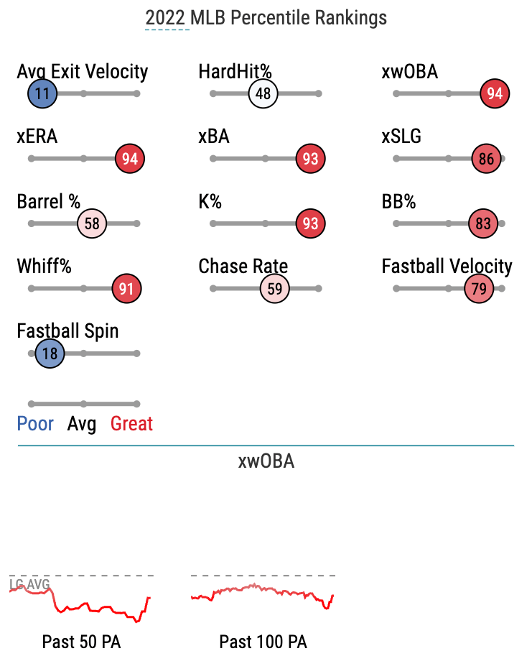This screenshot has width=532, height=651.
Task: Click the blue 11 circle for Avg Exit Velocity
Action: [x=42, y=93]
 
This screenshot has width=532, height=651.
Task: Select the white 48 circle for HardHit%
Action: [x=263, y=93]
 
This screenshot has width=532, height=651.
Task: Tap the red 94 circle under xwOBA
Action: [x=495, y=93]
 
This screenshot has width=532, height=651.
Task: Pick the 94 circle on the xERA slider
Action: [x=130, y=159]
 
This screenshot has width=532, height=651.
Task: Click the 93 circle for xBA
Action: [x=310, y=159]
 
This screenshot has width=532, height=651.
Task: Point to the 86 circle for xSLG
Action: [x=486, y=159]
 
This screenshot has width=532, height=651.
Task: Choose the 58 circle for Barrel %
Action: [x=92, y=223]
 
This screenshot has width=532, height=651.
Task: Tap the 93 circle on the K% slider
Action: [x=310, y=223]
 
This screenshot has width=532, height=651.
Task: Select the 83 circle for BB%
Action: [x=483, y=223]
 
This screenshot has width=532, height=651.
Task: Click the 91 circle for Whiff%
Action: [x=126, y=289]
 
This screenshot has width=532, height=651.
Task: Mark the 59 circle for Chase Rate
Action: [x=275, y=289]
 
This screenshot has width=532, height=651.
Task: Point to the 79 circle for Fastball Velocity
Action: [x=479, y=289]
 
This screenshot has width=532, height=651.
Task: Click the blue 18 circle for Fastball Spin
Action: [x=50, y=354]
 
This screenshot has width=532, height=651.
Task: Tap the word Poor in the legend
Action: [x=35, y=424]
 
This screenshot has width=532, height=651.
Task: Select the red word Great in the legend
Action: [x=131, y=424]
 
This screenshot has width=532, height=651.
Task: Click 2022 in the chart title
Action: [x=164, y=18]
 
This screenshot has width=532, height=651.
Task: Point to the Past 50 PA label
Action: [x=81, y=642]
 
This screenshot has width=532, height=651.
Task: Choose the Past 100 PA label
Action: [x=263, y=642]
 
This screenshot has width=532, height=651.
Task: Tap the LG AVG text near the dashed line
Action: [x=29, y=585]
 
